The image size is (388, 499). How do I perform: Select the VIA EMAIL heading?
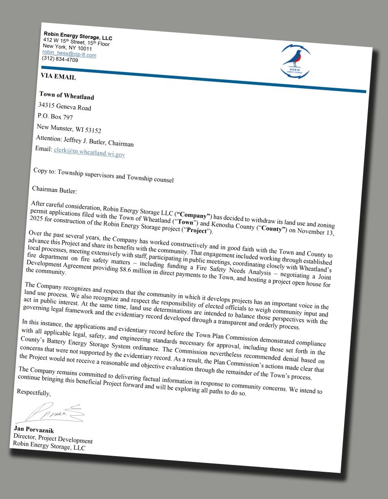[x=58, y=77]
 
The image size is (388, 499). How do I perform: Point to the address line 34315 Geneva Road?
[x=64, y=107]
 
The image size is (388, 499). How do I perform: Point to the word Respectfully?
[x=34, y=392]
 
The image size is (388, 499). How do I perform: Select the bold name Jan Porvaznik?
[x=36, y=429]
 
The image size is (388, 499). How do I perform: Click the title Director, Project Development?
[x=53, y=439]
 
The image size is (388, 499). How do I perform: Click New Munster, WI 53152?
[x=69, y=129]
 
